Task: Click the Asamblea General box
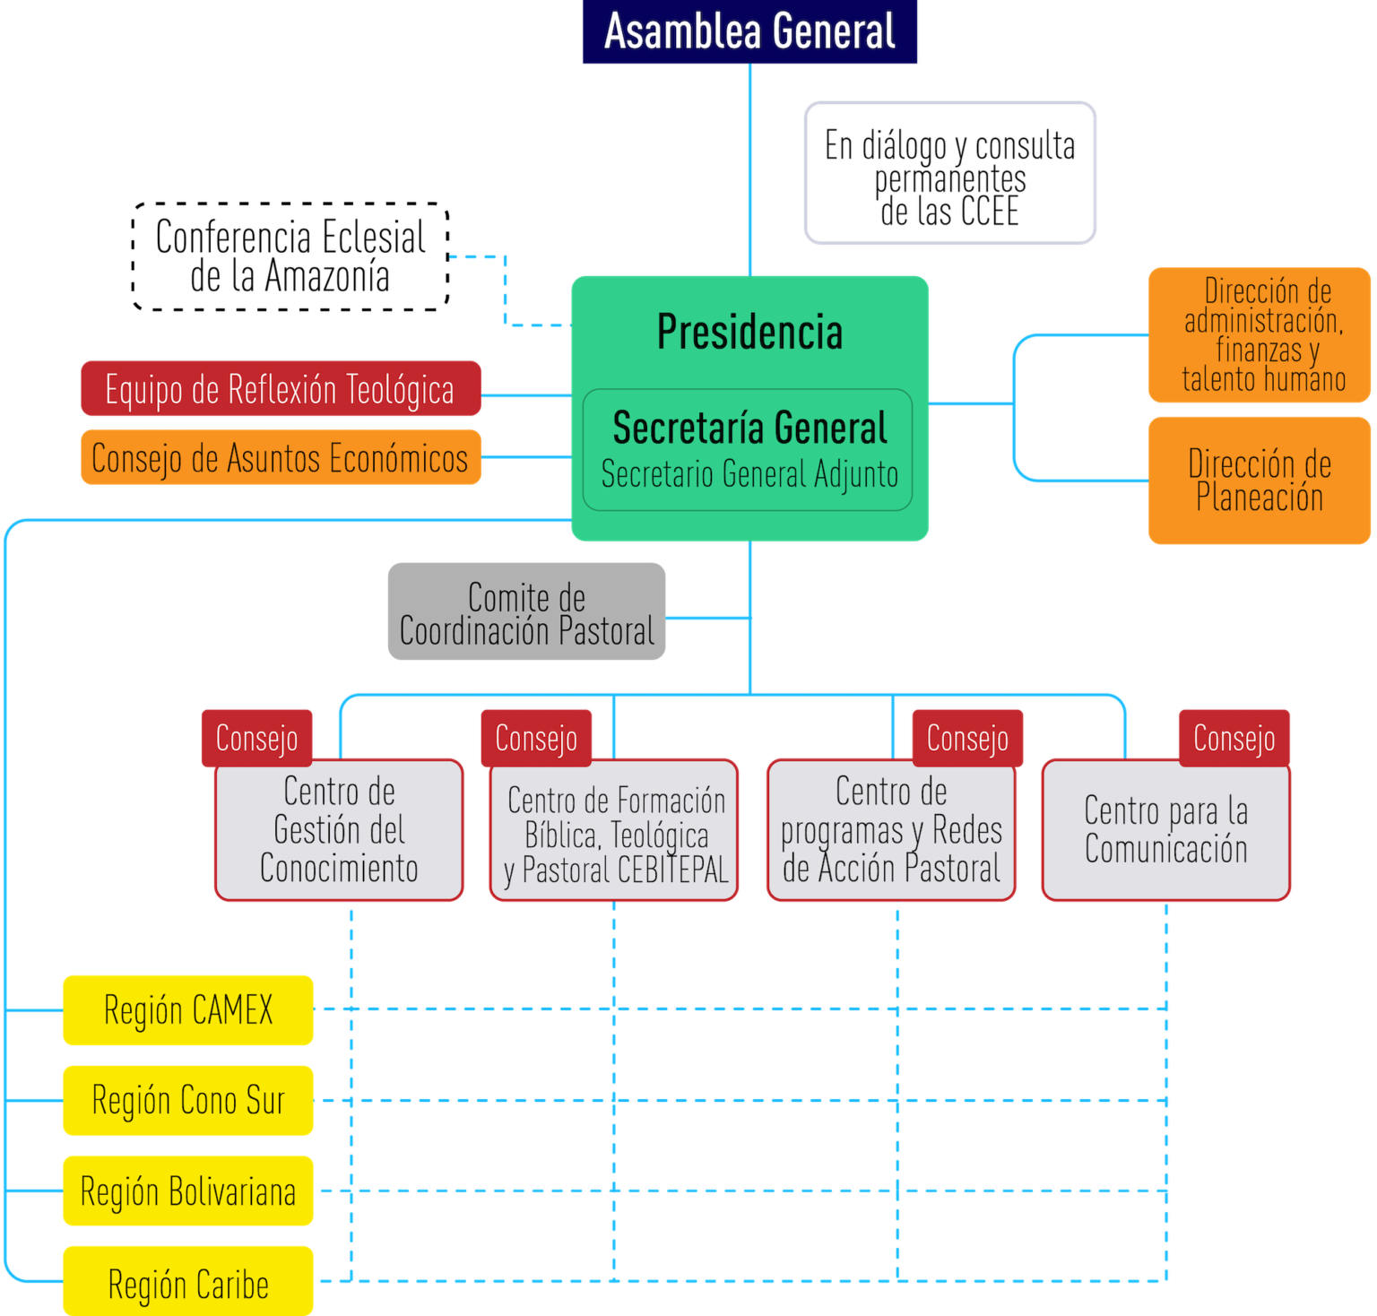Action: [x=750, y=32]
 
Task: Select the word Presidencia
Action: [x=749, y=333]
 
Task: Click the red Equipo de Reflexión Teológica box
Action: [x=281, y=389]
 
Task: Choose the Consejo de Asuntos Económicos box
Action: [x=281, y=458]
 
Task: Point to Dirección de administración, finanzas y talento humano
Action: [x=1259, y=334]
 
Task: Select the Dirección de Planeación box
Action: [x=1259, y=481]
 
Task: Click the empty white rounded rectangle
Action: [x=949, y=173]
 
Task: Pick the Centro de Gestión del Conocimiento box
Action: [x=339, y=830]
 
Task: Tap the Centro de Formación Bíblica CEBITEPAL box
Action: [x=615, y=834]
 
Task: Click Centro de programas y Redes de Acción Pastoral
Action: [x=891, y=830]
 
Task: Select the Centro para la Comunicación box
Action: [x=1165, y=830]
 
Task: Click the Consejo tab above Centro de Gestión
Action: [x=257, y=738]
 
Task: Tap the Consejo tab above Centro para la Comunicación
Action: [x=1234, y=738]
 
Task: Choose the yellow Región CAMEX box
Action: [x=188, y=1010]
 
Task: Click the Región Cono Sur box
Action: [x=188, y=1100]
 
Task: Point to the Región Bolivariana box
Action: [x=188, y=1191]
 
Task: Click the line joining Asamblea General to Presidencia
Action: [x=750, y=170]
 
